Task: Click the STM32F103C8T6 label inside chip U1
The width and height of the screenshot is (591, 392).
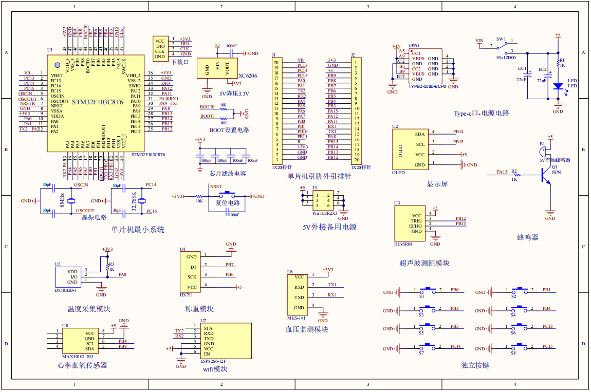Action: (98, 102)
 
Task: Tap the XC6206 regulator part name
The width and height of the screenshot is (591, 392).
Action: (248, 76)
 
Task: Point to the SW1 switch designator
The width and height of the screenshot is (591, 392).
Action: (501, 39)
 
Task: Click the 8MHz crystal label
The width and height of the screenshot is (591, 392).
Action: (62, 200)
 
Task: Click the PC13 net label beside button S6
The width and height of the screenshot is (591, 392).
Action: (547, 326)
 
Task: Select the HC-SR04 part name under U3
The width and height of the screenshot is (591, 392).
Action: (403, 244)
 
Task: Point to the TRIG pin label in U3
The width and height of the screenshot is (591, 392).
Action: (416, 221)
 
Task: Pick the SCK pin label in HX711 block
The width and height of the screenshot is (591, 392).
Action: (192, 277)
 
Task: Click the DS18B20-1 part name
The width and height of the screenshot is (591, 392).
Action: (66, 291)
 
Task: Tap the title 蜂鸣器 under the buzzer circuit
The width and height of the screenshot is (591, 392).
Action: (528, 237)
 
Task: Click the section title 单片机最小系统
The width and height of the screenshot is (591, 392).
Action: (138, 230)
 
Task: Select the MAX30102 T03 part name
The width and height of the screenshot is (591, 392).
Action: (78, 356)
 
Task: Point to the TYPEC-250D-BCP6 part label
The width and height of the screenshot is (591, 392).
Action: (427, 86)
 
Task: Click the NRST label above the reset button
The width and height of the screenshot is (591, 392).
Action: (216, 187)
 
